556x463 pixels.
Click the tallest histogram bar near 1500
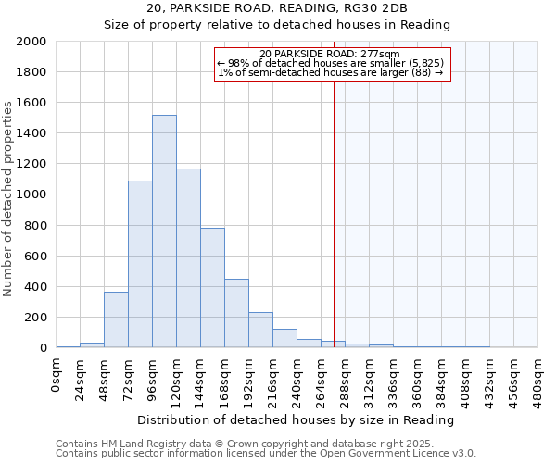tap(164, 231)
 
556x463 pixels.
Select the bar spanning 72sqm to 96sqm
tap(140, 264)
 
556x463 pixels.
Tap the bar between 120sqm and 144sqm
tap(188, 258)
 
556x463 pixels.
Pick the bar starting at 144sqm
tap(212, 288)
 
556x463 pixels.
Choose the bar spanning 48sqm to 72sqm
tap(116, 319)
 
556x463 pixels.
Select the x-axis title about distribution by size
tap(297, 419)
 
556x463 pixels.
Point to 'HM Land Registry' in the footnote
tap(142, 444)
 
